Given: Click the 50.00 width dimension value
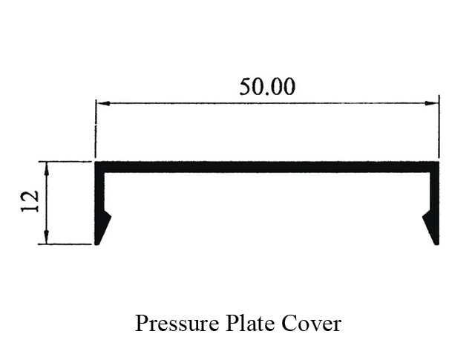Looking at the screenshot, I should pos(267,87).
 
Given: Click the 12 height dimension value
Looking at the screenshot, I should pos(30,202).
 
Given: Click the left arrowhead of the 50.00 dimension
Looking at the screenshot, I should pos(101,103).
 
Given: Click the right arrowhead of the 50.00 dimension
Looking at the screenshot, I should pos(433,103).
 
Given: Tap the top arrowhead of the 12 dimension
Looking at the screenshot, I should pos(47,167).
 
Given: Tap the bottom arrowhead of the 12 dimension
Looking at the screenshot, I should pos(47,238).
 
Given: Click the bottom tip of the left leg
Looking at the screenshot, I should pos(98,242).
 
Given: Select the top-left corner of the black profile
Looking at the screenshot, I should pos(96,163).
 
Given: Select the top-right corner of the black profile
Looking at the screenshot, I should pos(439,163).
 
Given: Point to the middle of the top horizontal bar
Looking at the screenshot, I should pos(267,167).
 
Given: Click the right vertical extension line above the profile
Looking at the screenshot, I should pos(439,126).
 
